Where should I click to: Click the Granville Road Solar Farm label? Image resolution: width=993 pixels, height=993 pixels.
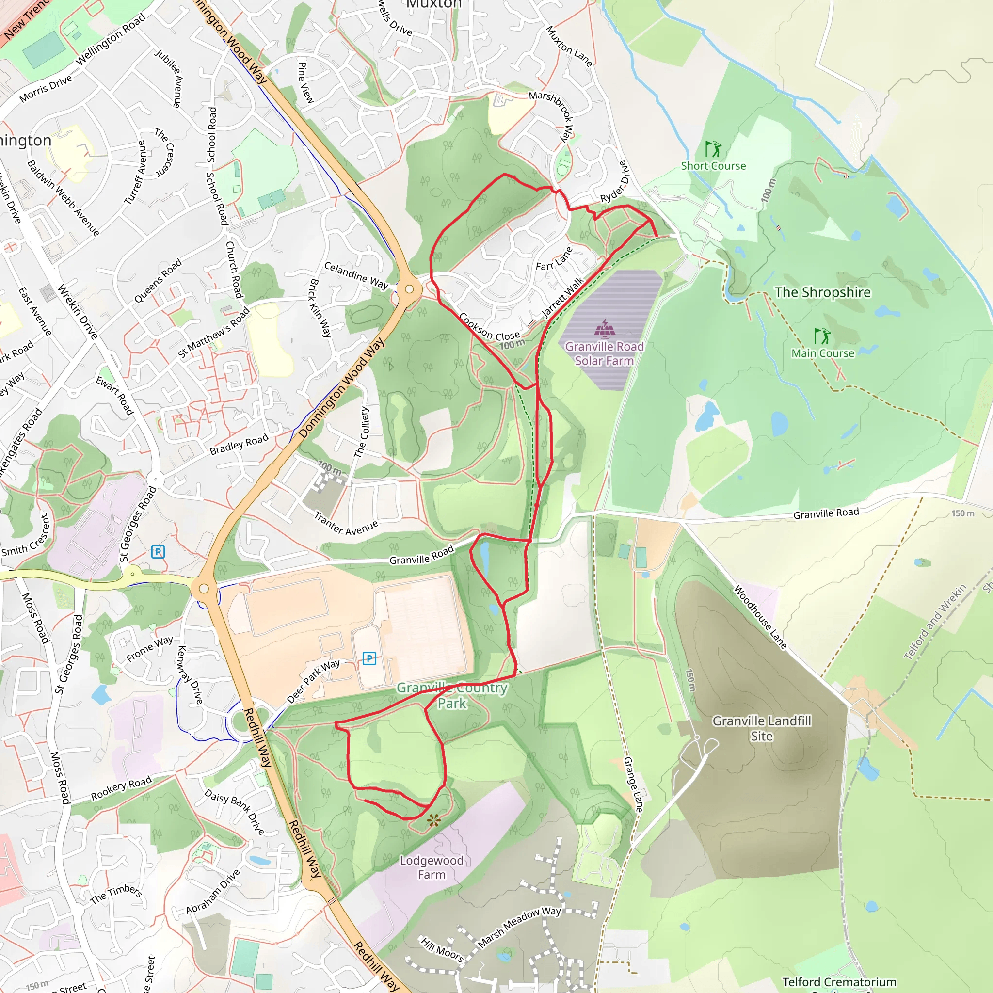[604, 353]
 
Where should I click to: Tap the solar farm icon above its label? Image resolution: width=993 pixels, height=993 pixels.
[605, 327]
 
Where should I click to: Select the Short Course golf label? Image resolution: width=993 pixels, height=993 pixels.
[713, 165]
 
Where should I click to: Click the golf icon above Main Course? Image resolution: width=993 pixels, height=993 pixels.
[822, 336]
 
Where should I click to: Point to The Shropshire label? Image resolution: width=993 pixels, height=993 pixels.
[822, 292]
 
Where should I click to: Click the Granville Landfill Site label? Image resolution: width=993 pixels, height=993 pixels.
[761, 728]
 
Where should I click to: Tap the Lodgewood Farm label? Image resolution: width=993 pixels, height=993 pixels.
[432, 867]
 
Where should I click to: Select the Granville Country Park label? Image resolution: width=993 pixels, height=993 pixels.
[452, 695]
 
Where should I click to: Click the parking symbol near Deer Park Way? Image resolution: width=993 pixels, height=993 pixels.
[369, 658]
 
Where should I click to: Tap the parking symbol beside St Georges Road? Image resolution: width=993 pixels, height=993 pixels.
[158, 552]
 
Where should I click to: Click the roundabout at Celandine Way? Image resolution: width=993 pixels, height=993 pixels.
[409, 289]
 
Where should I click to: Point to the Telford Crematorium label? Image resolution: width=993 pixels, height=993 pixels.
[839, 982]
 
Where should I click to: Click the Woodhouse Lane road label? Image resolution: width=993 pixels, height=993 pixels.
[760, 617]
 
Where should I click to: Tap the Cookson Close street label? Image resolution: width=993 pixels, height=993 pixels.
[489, 327]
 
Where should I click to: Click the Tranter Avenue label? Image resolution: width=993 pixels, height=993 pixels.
[346, 524]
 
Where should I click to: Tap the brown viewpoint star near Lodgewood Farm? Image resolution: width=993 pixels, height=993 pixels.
[434, 820]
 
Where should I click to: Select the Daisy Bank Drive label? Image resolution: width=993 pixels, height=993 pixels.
[234, 812]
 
